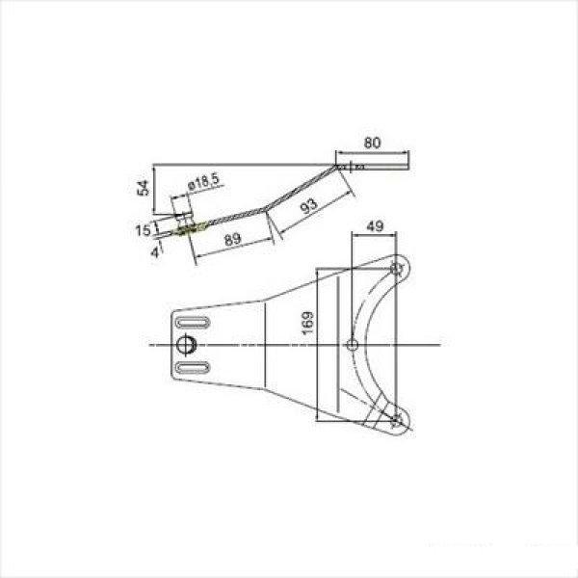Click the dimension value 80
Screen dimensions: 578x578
pyautogui.click(x=372, y=143)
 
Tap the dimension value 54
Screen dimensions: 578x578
pyautogui.click(x=143, y=188)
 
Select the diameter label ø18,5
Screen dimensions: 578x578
pyautogui.click(x=203, y=182)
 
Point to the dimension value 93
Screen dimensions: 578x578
pyautogui.click(x=309, y=206)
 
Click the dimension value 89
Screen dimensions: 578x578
pyautogui.click(x=233, y=239)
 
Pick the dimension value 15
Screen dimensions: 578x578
pyautogui.click(x=143, y=231)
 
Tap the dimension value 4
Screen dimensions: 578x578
pyautogui.click(x=155, y=252)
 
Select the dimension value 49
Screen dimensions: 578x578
pyautogui.click(x=375, y=226)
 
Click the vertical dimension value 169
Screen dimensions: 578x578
pyautogui.click(x=308, y=323)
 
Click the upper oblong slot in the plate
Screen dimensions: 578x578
pyautogui.click(x=193, y=323)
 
